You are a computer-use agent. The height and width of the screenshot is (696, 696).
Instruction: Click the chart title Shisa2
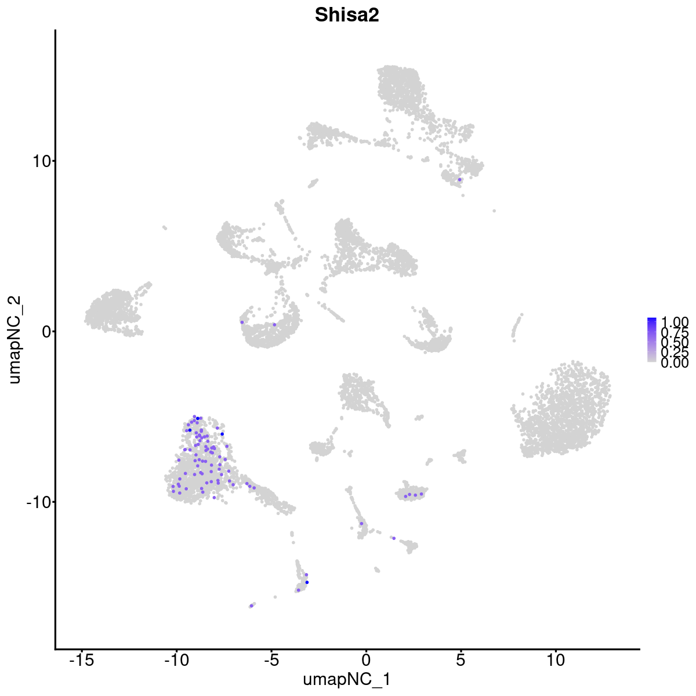click(347, 16)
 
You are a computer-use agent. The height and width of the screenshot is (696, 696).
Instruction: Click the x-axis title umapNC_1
click(347, 679)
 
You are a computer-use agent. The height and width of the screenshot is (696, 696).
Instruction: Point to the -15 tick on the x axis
click(82, 661)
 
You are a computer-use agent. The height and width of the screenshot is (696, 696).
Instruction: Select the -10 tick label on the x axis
click(176, 661)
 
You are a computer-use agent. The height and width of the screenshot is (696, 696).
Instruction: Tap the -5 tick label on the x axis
click(271, 661)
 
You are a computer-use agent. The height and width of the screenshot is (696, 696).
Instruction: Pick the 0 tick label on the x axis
click(366, 661)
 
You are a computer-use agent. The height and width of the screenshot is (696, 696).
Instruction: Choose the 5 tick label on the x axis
click(461, 661)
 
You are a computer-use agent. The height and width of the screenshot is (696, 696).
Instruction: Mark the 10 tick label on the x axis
click(555, 661)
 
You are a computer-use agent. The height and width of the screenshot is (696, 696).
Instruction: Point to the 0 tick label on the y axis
click(42, 331)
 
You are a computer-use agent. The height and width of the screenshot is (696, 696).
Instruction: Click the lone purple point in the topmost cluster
click(459, 179)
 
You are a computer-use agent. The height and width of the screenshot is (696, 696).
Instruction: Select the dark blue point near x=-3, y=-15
click(307, 582)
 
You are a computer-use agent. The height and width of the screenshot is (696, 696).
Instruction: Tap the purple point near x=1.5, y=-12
click(394, 538)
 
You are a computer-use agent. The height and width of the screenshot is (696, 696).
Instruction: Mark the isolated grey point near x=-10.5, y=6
click(165, 227)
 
